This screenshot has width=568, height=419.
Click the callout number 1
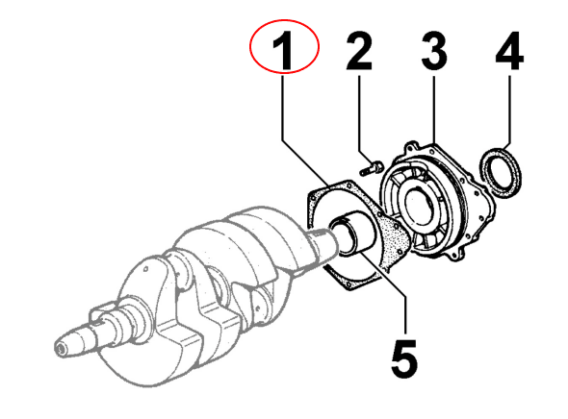(x=284, y=51)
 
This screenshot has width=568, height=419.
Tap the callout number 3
(x=434, y=51)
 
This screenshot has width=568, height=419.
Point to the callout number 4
(x=509, y=51)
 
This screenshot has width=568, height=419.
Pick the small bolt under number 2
(x=372, y=169)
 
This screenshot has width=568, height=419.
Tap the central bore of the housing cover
(x=420, y=207)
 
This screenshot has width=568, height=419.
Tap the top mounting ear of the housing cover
(x=411, y=147)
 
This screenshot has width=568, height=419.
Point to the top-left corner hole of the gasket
(x=311, y=197)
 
